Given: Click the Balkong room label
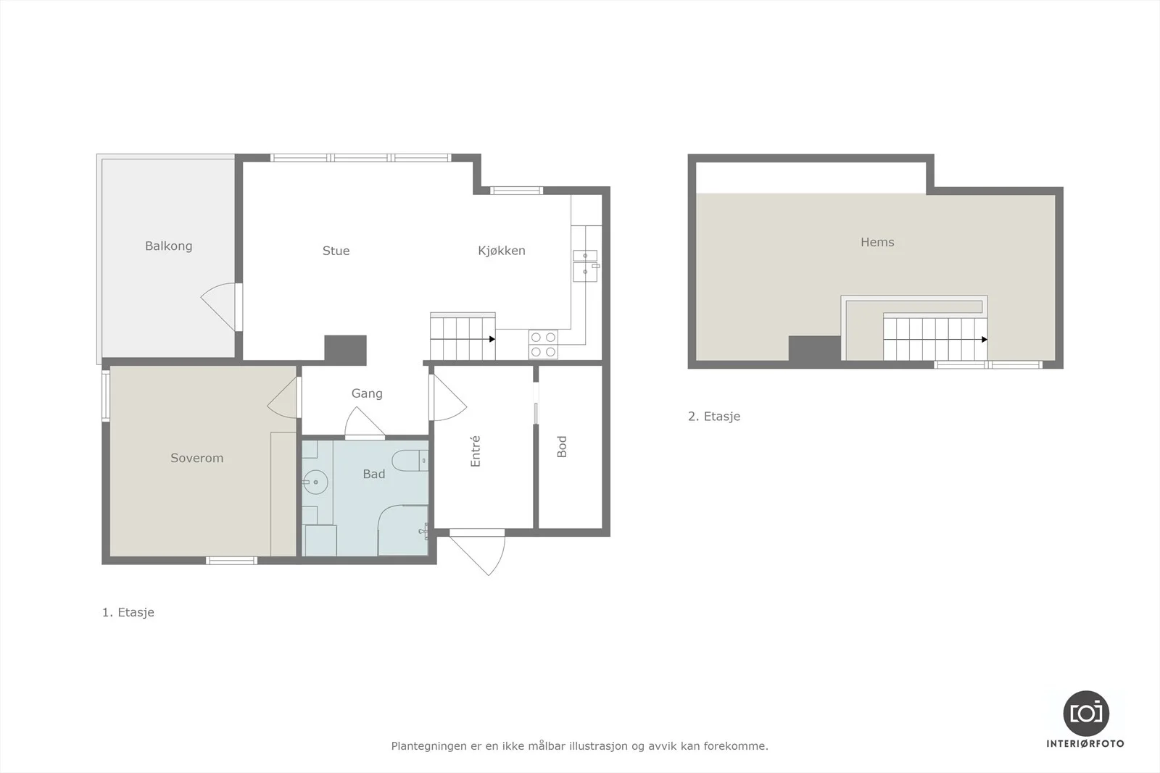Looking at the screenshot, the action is [x=168, y=246].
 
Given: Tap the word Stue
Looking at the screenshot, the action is [x=336, y=251].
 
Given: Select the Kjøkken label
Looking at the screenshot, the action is [x=501, y=251].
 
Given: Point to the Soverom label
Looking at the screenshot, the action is [x=196, y=458].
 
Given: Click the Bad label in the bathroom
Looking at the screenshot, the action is [x=374, y=474].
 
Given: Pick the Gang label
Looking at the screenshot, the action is [x=367, y=393].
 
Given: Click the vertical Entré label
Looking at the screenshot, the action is [x=475, y=451].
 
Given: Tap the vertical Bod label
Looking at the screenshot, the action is [x=562, y=447].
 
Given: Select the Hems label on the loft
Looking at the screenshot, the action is [x=877, y=242].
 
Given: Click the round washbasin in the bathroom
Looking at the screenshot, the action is [x=315, y=482].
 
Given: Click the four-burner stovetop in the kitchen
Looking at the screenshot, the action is [x=543, y=345].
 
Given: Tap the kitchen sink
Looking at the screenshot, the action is [x=585, y=266].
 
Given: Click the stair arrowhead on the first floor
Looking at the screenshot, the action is [x=492, y=340].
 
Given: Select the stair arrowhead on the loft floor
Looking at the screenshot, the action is [x=985, y=340].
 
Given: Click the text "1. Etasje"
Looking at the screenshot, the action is [x=128, y=612].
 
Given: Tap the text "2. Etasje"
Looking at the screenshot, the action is [x=714, y=417].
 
